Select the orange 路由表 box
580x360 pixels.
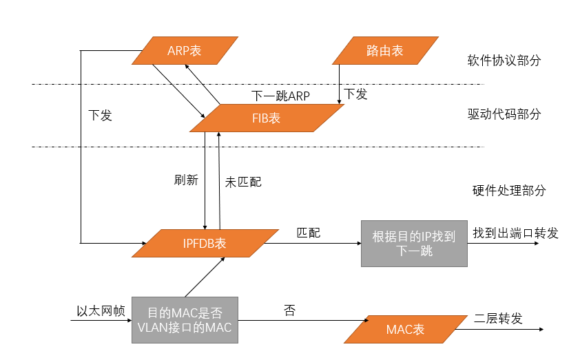pos(384,50)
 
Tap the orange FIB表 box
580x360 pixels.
pos(266,118)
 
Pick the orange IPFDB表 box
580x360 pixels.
pos(205,243)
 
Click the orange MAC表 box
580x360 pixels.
pos(405,329)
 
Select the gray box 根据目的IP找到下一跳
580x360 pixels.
pos(414,243)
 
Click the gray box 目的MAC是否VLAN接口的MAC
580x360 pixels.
pos(185,320)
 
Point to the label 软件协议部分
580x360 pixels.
pos(504,60)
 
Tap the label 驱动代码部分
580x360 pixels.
pos(504,114)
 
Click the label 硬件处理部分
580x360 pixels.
pos(504,190)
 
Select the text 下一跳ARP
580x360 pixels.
pos(280,96)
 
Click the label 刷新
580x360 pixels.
pos(186,180)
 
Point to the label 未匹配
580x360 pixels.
pos(243,182)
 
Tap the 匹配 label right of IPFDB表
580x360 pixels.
pos(308,233)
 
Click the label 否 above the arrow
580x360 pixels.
pos(289,310)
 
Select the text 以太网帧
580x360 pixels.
pos(101,311)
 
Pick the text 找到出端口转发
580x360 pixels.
pos(515,233)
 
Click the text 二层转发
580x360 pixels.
pos(499,319)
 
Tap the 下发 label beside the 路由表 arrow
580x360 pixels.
pos(355,94)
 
